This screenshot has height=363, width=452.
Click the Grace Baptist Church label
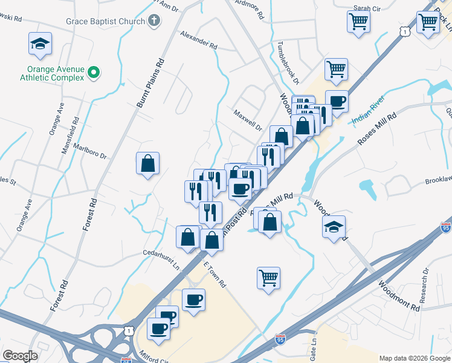pyautogui.click(x=106, y=22)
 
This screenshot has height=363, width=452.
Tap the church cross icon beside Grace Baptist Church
pyautogui.click(x=154, y=22)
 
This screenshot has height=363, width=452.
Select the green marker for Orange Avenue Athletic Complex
pyautogui.click(x=94, y=73)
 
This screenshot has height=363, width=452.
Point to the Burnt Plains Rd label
pyautogui.click(x=150, y=83)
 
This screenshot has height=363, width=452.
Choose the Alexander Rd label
pyautogui.click(x=198, y=40)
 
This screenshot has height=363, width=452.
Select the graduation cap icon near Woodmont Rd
pyautogui.click(x=334, y=227)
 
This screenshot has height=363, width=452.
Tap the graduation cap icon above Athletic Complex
pyautogui.click(x=40, y=44)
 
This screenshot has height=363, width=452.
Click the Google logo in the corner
pyautogui.click(x=20, y=356)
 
